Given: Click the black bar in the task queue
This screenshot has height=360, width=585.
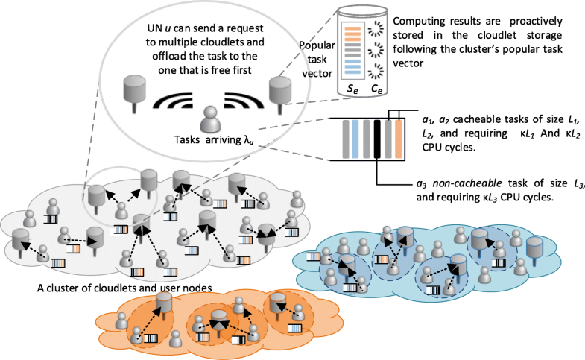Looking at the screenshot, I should (378, 139).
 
